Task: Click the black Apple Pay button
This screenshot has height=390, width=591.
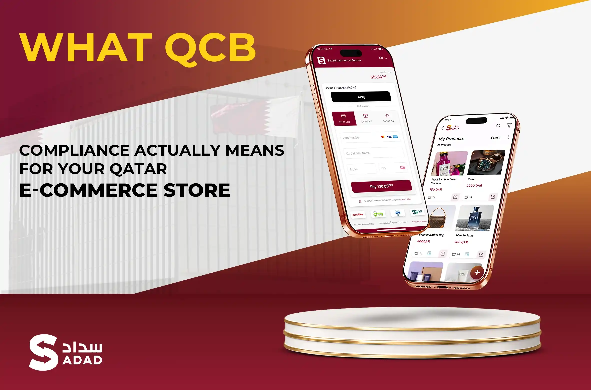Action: coord(361,97)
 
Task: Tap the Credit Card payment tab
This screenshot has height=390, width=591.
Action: coord(344,118)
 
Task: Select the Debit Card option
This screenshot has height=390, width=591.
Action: coord(366,118)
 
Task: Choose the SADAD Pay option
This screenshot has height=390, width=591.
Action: coord(388,118)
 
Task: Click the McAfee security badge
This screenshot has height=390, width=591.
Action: coord(358,215)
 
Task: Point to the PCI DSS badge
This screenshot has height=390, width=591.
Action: coord(417,212)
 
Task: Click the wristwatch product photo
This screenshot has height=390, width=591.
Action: coord(486,162)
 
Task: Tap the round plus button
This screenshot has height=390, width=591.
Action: coord(477,273)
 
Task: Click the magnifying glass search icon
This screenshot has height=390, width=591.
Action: coord(498,126)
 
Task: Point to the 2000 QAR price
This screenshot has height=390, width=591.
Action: coord(474,186)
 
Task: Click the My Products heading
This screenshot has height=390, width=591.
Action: coord(451,139)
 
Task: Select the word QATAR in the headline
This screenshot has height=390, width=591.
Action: coord(138,169)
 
